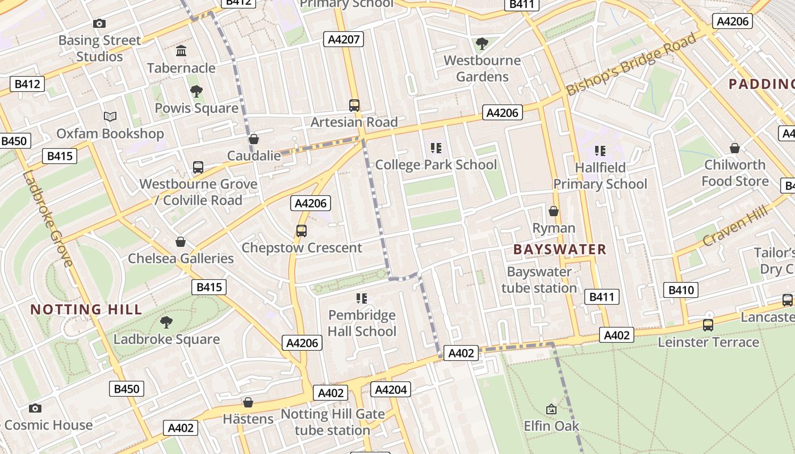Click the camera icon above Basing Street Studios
point(99,23)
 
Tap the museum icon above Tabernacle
point(181,51)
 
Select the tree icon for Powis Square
point(196,91)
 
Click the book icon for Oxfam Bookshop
point(110,116)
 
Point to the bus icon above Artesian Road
point(354,105)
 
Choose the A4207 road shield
point(343,39)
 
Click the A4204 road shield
point(390,389)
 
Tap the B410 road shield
point(681,290)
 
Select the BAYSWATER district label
point(559,249)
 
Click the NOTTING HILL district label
point(86,309)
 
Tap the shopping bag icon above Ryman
point(554,211)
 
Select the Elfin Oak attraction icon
point(551,409)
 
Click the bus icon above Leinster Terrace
point(708,325)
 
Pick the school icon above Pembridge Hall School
point(362,298)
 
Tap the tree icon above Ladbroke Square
point(166,322)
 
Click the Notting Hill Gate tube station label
point(333,422)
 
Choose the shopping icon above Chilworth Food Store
point(735,148)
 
